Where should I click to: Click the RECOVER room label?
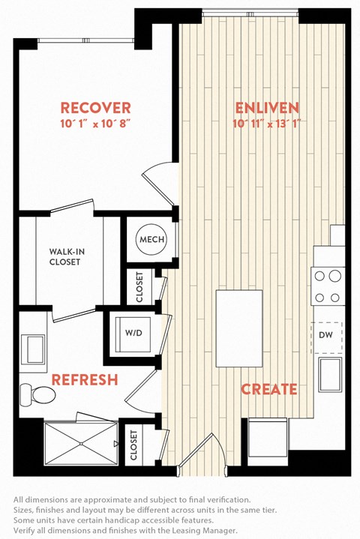click(x=95, y=108)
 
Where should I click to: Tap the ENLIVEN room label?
click(x=267, y=108)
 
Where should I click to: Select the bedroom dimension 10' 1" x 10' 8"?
click(x=95, y=124)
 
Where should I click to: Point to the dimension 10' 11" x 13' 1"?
click(x=267, y=124)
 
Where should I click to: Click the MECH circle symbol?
click(x=151, y=239)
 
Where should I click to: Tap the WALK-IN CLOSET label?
click(x=67, y=257)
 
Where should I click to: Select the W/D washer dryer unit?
click(x=133, y=334)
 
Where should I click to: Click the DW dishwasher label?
click(x=325, y=334)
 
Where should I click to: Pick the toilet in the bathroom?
click(x=37, y=394)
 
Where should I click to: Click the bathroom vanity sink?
click(x=33, y=349)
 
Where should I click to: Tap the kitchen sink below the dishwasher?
click(x=330, y=375)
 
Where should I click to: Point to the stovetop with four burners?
click(x=328, y=286)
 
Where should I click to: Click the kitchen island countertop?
click(x=239, y=328)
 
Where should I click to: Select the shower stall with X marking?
click(x=81, y=444)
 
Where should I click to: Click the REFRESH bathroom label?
click(x=85, y=379)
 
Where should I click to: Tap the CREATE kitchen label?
click(x=269, y=389)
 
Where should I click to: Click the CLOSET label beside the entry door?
click(x=133, y=445)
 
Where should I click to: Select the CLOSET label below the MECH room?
click(x=139, y=287)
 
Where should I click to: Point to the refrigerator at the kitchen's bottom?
click(x=268, y=437)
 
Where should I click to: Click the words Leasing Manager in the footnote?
click(x=208, y=531)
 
